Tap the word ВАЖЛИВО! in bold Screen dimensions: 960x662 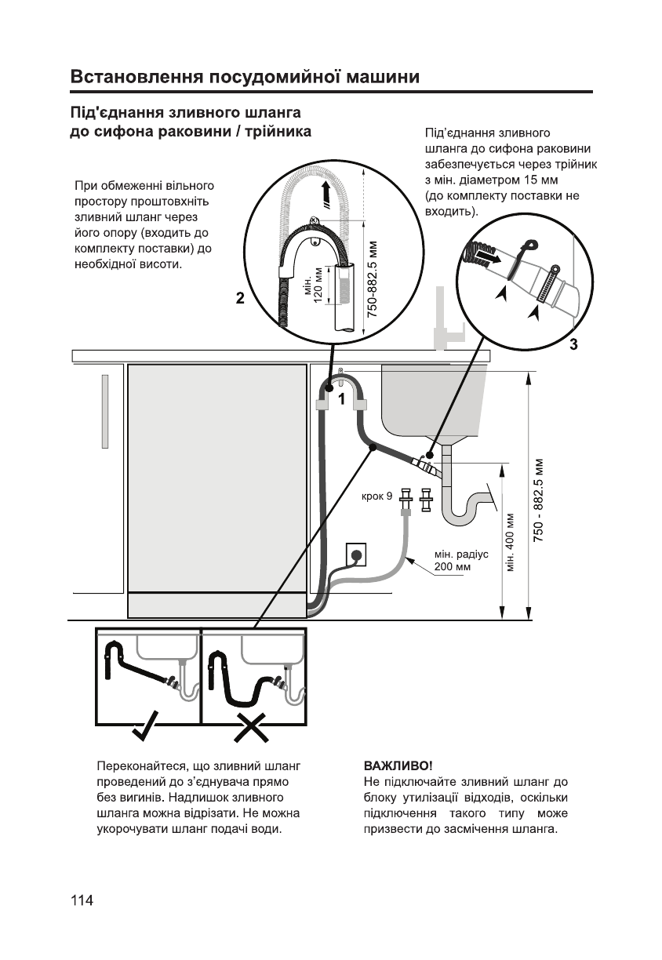click(x=398, y=764)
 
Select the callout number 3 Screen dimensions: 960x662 click(x=573, y=344)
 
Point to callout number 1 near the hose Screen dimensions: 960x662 click(x=342, y=399)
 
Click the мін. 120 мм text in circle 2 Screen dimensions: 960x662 click(x=313, y=290)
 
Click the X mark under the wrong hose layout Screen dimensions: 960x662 click(x=251, y=727)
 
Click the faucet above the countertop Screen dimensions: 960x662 click(x=443, y=322)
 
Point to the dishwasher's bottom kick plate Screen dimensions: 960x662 click(x=217, y=604)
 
